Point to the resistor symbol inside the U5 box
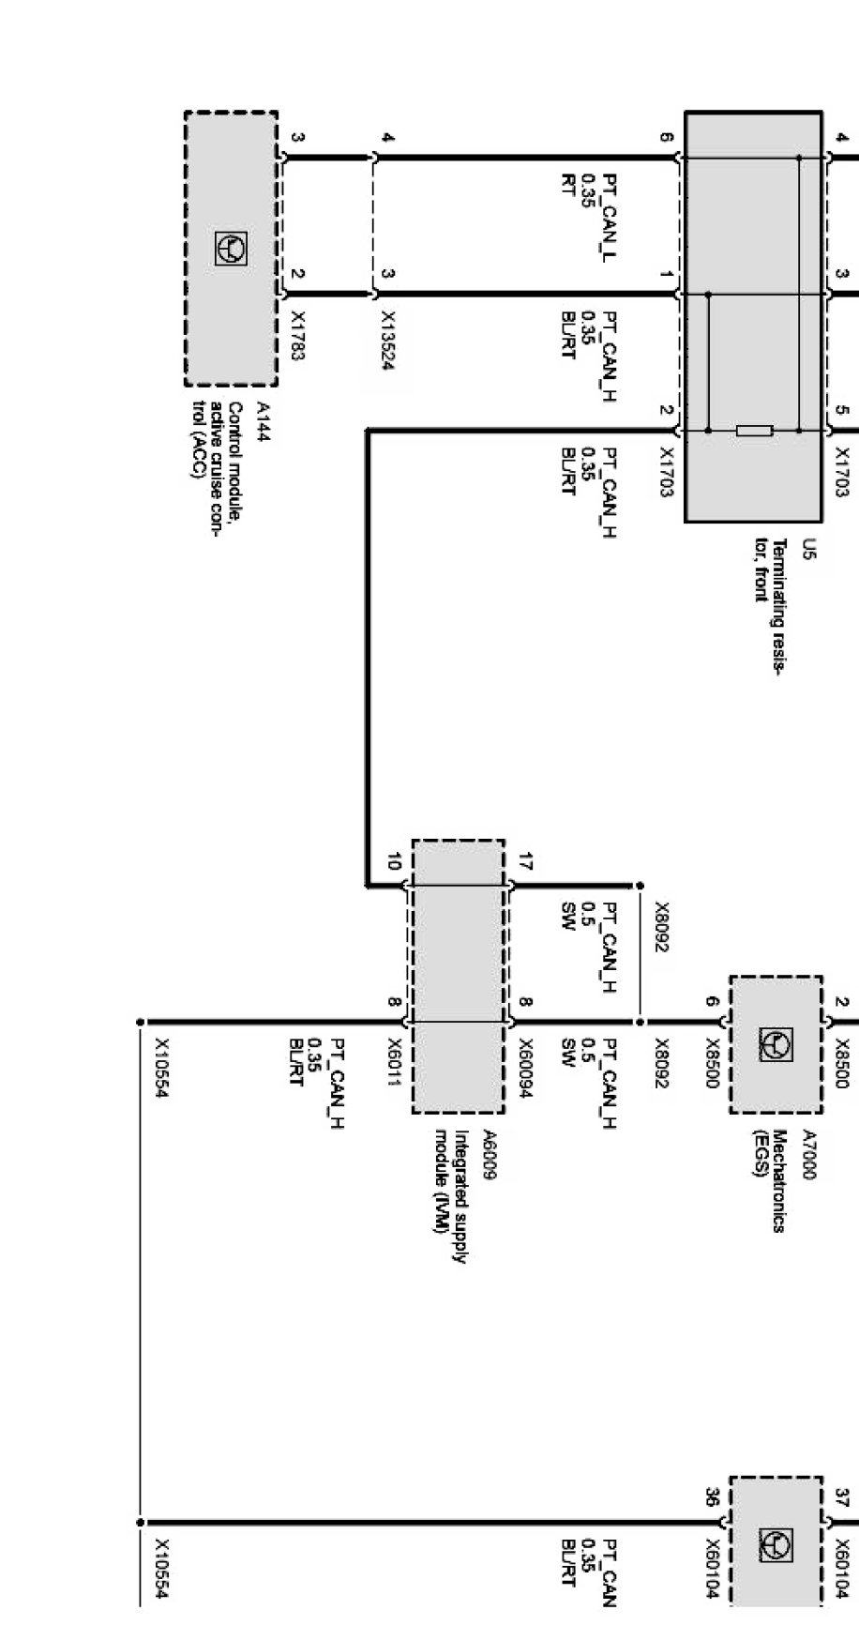click(754, 431)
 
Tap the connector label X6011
click(395, 1061)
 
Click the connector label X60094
click(525, 1067)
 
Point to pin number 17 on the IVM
click(525, 860)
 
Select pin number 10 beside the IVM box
click(394, 860)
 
